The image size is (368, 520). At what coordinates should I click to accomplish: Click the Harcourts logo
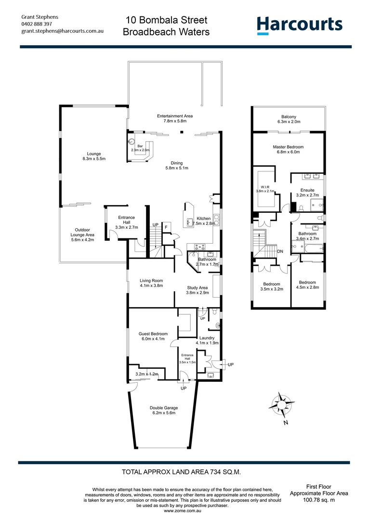299,25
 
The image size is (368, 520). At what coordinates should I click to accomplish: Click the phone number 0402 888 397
37,24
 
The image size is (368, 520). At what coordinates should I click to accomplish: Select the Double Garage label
164,410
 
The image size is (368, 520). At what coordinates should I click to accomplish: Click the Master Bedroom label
289,149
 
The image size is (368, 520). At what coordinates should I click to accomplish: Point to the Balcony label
289,119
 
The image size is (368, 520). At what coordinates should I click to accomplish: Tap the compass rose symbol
282,404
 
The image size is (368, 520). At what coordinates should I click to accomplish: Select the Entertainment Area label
175,118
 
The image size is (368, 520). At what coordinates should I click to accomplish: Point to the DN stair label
280,251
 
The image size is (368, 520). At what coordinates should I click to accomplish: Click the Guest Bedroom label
153,336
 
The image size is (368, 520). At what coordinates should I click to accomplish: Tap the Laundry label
208,340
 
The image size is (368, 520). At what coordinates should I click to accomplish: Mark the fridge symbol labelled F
166,226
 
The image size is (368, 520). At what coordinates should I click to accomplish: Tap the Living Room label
152,283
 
